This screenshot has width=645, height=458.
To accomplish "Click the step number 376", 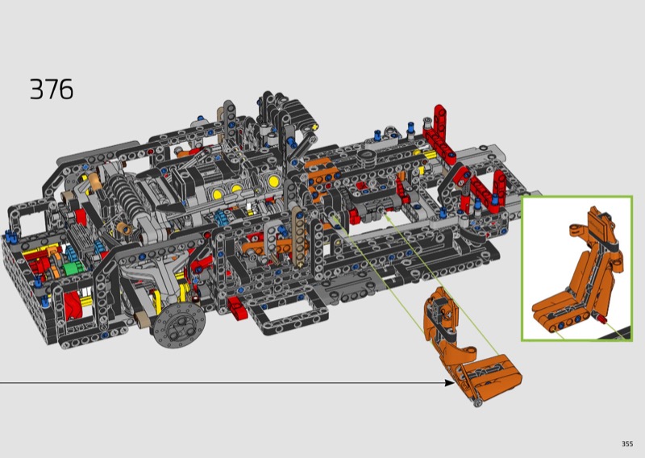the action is point(52,90).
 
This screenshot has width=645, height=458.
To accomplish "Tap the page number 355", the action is point(627,443).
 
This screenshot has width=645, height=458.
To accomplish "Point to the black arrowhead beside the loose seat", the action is point(450,383).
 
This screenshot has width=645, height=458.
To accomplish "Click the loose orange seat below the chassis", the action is point(469,346).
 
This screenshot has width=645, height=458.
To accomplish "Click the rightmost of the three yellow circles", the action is point(273,181).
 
